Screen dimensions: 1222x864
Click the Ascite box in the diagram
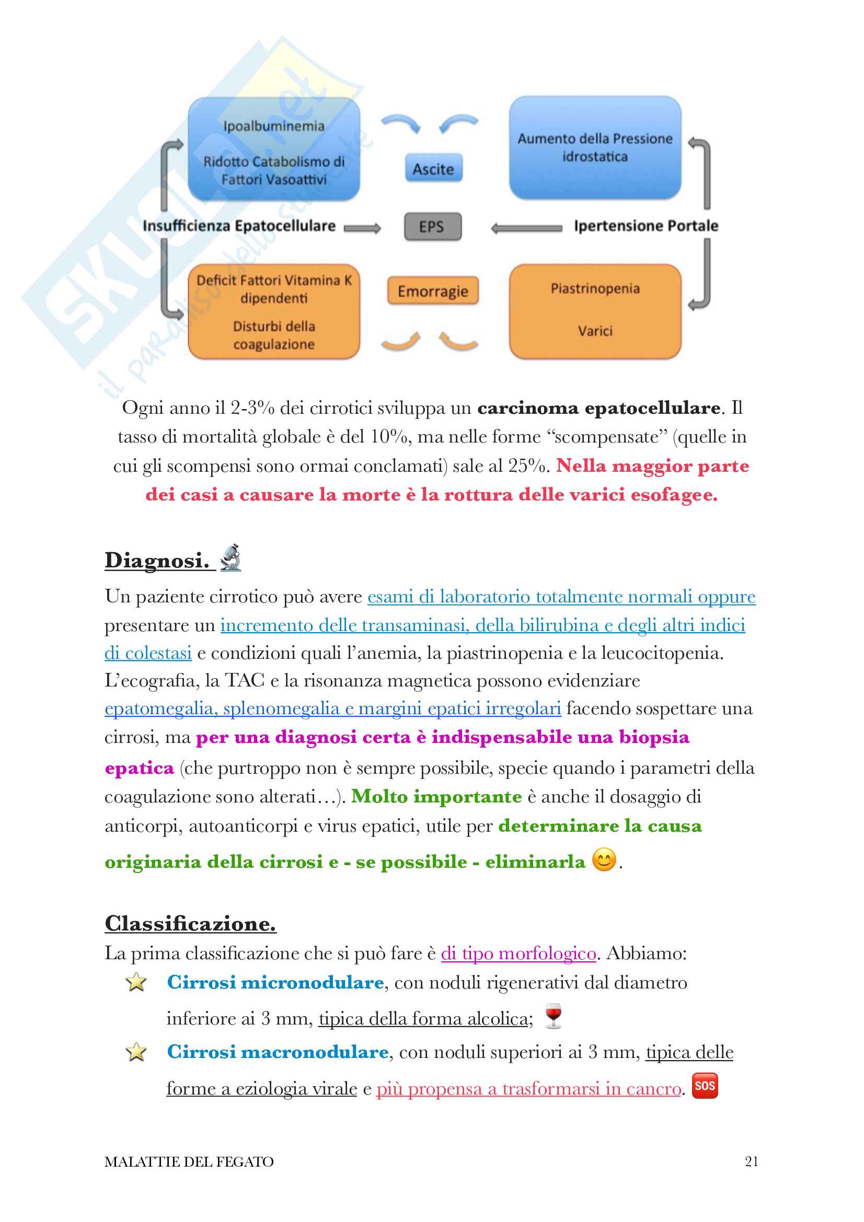433,168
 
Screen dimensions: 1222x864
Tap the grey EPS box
432,227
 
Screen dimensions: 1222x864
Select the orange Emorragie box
432,290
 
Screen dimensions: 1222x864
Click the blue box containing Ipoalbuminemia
274,149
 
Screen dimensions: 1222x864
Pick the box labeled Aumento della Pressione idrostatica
595,147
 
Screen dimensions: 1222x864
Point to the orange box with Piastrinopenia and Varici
595,311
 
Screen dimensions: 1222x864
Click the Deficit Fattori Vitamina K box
274,311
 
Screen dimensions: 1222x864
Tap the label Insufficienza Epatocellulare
239,226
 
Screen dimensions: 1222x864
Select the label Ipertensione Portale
646,226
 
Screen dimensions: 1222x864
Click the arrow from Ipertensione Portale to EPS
525,228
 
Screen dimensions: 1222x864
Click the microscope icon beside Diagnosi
231,558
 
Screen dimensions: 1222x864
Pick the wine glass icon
553,1016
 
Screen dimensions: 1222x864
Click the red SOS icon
704,1086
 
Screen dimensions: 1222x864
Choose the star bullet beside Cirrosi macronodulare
136,1052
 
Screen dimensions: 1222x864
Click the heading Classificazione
190,923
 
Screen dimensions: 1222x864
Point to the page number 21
751,1161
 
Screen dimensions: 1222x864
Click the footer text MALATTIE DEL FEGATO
189,1161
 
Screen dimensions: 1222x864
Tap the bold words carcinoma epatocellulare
599,408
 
